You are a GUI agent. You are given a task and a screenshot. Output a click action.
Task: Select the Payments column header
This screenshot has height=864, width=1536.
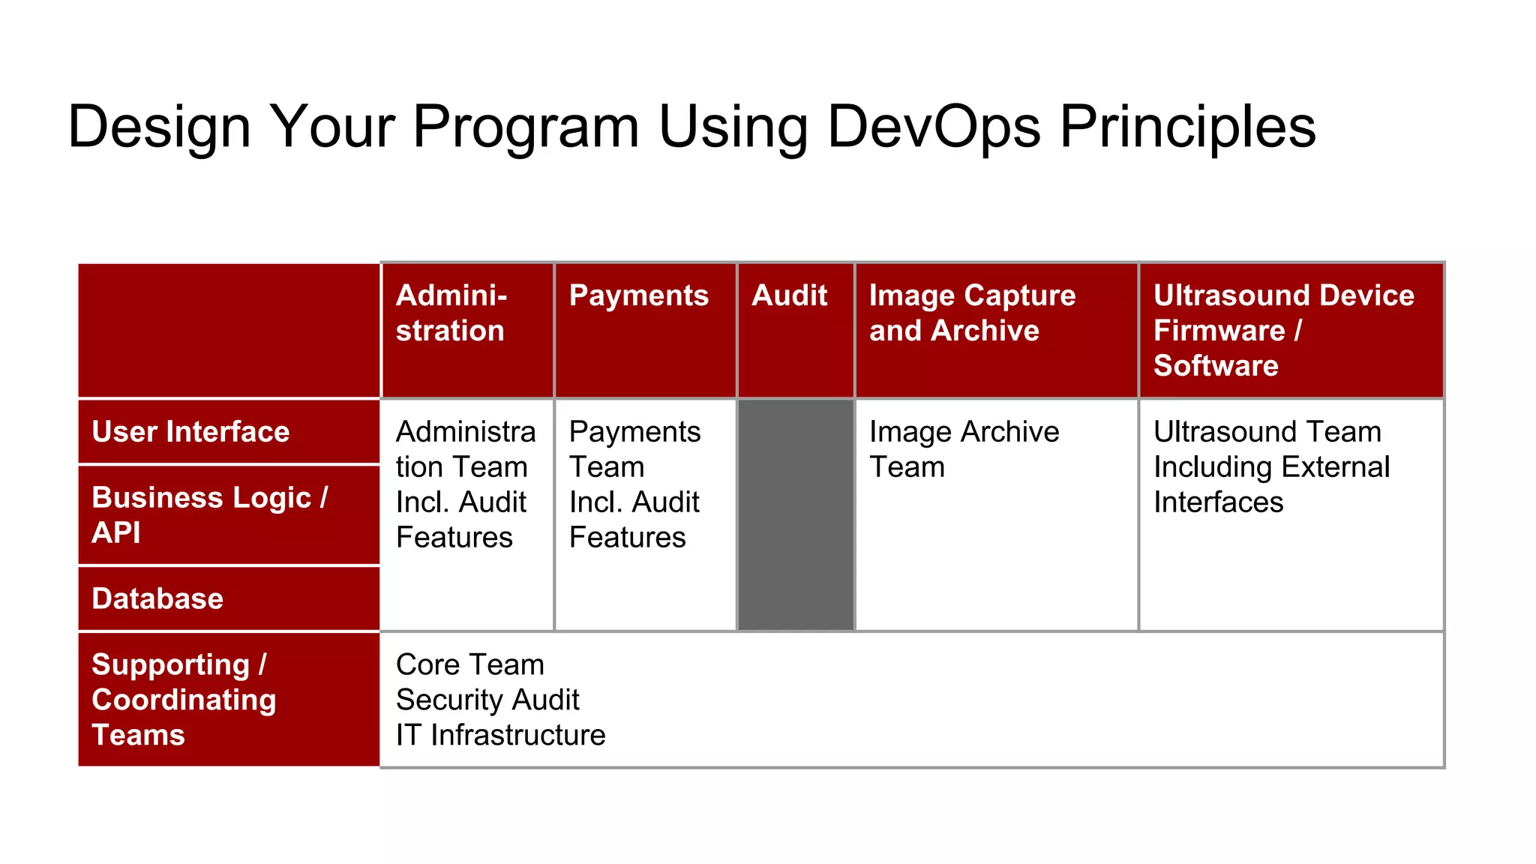point(638,295)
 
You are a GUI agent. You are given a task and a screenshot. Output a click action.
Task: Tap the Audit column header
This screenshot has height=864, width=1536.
point(789,295)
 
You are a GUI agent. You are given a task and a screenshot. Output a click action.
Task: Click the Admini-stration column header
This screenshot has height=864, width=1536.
point(451,313)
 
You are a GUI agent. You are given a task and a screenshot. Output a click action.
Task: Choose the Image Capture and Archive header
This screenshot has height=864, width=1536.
point(972,313)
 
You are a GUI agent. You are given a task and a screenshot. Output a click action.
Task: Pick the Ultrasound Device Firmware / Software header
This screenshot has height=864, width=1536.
point(1283,330)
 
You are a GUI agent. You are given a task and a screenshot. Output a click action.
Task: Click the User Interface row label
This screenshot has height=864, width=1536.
point(190,432)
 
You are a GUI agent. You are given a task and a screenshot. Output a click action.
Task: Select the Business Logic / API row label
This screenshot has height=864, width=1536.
point(209,514)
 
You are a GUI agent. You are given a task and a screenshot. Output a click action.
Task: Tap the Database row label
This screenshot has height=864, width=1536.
point(157,598)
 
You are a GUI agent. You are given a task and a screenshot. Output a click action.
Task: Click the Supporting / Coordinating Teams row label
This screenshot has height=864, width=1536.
point(184,700)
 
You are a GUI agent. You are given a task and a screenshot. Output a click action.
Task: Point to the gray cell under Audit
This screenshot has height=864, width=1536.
point(796,514)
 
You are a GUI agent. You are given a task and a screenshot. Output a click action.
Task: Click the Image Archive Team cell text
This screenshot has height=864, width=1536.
point(964,448)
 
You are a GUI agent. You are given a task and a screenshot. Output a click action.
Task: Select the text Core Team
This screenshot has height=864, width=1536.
point(470,664)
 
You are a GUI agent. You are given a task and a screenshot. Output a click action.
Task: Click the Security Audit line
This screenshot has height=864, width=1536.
point(487,700)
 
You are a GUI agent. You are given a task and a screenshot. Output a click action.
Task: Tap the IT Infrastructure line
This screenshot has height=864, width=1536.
point(500,735)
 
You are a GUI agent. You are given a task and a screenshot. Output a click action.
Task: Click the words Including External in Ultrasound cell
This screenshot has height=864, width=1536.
point(1271,467)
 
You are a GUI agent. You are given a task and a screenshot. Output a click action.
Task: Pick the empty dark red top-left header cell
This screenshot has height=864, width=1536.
point(229,330)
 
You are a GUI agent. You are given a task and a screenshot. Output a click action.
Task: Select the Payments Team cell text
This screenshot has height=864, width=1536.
point(634,448)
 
